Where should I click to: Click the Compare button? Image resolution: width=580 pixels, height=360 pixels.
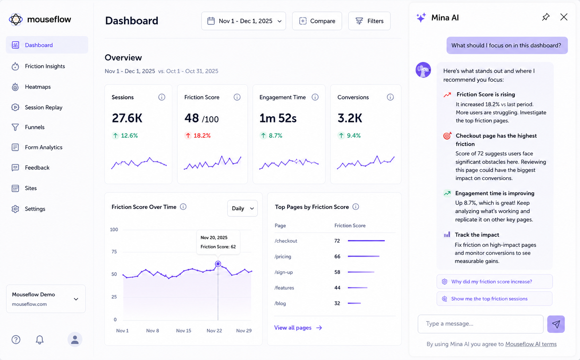pyautogui.click(x=317, y=21)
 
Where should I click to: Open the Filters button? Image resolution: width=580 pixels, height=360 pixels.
pyautogui.click(x=369, y=21)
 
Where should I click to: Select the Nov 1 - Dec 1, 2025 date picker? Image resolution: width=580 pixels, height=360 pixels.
pyautogui.click(x=244, y=21)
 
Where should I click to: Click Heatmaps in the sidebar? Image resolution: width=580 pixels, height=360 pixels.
pyautogui.click(x=38, y=87)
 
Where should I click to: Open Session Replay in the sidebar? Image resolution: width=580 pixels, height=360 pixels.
pyautogui.click(x=43, y=107)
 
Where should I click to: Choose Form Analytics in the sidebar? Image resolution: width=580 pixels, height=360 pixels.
pyautogui.click(x=43, y=147)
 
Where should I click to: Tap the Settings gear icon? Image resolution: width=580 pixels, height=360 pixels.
pyautogui.click(x=15, y=209)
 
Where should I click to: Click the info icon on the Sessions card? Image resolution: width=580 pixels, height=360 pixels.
pyautogui.click(x=161, y=97)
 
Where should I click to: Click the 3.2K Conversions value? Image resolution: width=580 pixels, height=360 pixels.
pyautogui.click(x=349, y=118)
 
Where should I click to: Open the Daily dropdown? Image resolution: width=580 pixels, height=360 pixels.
pyautogui.click(x=242, y=208)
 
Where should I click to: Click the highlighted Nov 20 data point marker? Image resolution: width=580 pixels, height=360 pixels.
pyautogui.click(x=218, y=264)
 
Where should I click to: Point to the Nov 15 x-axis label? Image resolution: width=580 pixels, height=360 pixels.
pyautogui.click(x=184, y=330)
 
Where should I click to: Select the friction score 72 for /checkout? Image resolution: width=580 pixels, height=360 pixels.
pyautogui.click(x=337, y=241)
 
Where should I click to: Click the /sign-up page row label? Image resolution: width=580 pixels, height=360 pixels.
pyautogui.click(x=283, y=272)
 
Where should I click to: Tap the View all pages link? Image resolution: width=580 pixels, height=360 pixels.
pyautogui.click(x=298, y=328)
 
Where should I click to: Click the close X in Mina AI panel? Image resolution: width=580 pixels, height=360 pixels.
pyautogui.click(x=564, y=17)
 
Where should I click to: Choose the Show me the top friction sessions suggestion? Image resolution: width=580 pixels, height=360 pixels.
pyautogui.click(x=494, y=299)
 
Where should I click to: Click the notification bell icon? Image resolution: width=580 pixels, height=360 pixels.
pyautogui.click(x=40, y=340)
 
